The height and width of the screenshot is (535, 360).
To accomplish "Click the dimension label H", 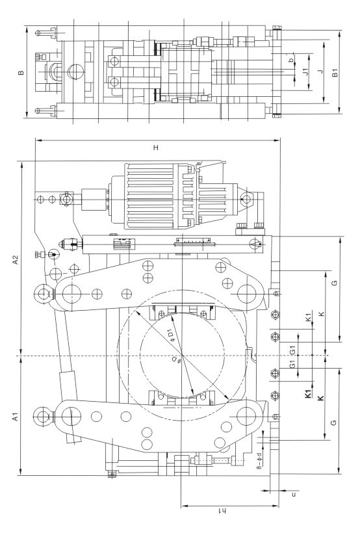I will click(156, 148).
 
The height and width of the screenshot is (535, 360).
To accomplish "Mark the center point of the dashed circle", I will click(183, 356).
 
